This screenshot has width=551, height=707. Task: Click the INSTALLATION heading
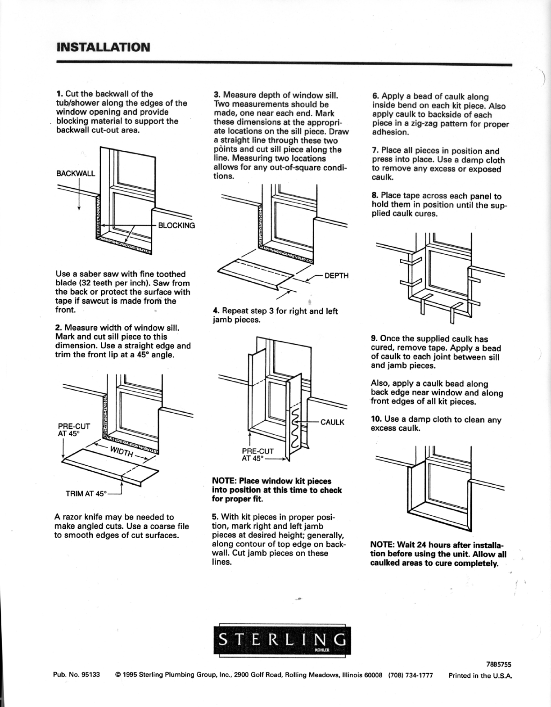103,48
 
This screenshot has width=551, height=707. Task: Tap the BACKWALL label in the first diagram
76,173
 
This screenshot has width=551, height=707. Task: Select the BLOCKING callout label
176,225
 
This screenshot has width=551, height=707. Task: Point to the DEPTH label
337,275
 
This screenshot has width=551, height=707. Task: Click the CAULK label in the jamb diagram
332,422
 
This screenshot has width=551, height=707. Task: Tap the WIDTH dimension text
122,451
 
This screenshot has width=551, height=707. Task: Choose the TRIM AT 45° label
86,494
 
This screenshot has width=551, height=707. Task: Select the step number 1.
59,94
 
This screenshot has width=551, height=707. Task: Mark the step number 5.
214,517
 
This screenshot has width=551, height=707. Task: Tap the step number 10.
376,419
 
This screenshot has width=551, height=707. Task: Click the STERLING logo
282,640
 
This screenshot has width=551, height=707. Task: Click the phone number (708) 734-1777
411,675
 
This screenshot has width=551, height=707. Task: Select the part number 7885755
499,664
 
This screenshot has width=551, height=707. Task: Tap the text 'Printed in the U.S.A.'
480,675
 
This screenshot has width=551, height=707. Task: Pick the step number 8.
375,196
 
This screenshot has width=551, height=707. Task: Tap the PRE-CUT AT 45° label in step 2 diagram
74,430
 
